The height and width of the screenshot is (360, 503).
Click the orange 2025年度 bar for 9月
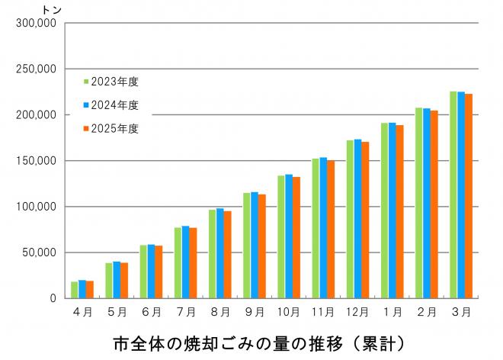[x=261, y=246]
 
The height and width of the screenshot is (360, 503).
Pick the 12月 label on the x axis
[x=357, y=312]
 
